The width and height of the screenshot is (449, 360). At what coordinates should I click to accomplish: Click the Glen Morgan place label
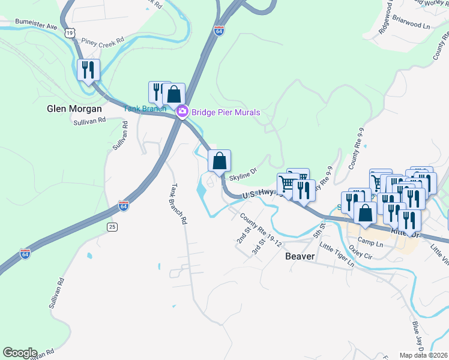pyautogui.click(x=74, y=109)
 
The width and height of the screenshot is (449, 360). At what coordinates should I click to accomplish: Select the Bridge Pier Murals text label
pyautogui.click(x=226, y=112)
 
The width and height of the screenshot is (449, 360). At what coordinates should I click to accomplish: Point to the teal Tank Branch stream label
pyautogui.click(x=145, y=109)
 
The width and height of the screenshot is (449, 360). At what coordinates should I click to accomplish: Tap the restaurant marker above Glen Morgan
pyautogui.click(x=89, y=71)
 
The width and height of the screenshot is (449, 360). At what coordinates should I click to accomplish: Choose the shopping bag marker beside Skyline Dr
pyautogui.click(x=219, y=161)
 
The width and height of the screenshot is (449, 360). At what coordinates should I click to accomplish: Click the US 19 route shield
pyautogui.click(x=71, y=34)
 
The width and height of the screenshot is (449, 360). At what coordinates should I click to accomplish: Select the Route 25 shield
pyautogui.click(x=112, y=226)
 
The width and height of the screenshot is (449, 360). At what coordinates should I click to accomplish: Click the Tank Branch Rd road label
pyautogui.click(x=178, y=203)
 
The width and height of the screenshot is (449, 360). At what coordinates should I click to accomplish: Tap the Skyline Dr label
pyautogui.click(x=243, y=173)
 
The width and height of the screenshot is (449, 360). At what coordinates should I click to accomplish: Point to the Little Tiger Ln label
pyautogui.click(x=337, y=255)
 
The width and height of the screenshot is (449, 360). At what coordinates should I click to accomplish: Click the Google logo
pyautogui.click(x=20, y=353)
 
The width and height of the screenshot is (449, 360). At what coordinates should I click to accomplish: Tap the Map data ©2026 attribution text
pyautogui.click(x=423, y=355)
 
